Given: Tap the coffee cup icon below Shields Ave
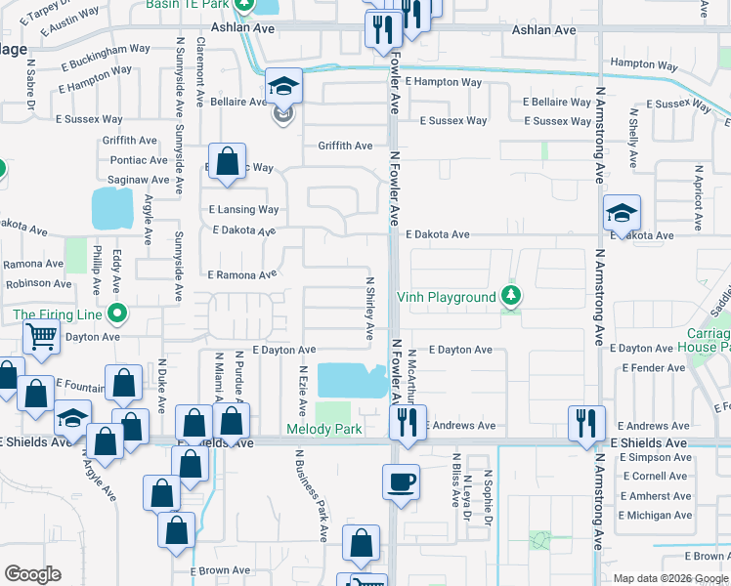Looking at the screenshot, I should click(401, 481).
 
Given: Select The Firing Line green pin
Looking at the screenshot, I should click(117, 314).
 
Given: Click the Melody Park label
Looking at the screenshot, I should click(324, 429).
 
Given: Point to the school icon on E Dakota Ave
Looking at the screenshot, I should click(622, 213).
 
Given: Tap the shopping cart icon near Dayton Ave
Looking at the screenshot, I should click(42, 337).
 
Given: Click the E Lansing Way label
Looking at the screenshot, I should click(243, 209).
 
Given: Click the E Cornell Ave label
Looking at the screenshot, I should click(654, 476).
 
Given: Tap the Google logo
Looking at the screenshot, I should click(32, 574).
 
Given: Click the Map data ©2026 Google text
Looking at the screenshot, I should click(669, 578).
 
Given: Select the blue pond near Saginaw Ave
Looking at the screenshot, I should click(111, 208).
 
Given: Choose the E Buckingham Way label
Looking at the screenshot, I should click(93, 48).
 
